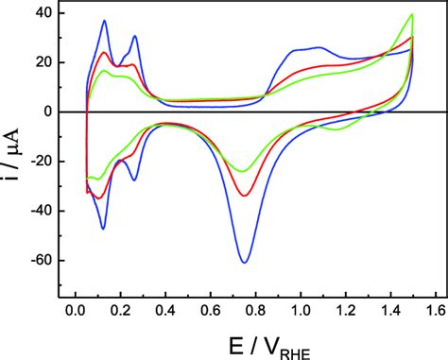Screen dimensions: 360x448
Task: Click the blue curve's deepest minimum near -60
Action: point(245,262)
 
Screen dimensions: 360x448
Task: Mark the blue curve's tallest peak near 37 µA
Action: point(105,21)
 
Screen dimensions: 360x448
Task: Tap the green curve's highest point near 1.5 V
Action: point(412,14)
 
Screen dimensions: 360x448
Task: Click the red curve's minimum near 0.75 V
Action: point(244,196)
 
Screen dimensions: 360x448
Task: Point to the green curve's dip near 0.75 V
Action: point(242,172)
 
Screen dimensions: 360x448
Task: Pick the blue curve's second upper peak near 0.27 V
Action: point(136,36)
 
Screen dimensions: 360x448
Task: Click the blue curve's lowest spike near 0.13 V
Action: point(103,229)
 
